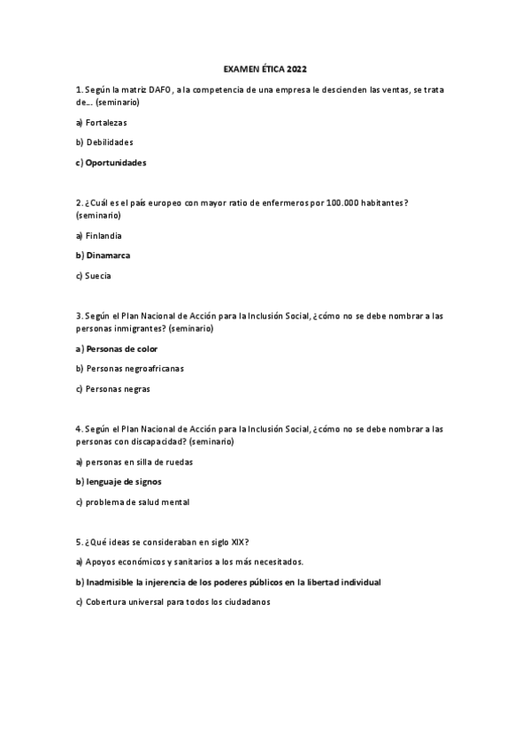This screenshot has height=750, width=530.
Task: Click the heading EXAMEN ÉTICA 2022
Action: click(265, 68)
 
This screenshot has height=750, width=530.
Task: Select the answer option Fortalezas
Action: click(106, 123)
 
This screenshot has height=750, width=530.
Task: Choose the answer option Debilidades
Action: click(110, 142)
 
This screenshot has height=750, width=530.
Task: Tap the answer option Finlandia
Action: click(104, 235)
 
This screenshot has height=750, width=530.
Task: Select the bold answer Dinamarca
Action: click(108, 255)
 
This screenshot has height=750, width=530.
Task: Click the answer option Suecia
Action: click(98, 275)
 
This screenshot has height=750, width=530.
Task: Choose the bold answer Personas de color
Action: click(122, 348)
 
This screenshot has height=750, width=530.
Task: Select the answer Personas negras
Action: click(118, 388)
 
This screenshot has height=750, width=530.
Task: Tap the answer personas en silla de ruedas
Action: click(139, 462)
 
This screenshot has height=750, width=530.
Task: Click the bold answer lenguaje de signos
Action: click(124, 481)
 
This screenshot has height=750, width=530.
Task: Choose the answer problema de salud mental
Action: click(137, 501)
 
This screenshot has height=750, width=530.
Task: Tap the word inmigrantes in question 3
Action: click(140, 328)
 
